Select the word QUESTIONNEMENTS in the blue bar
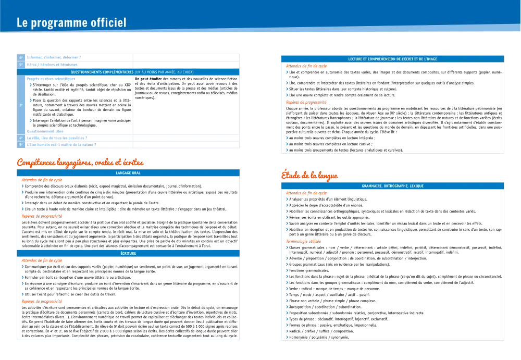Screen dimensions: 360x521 (91, 72)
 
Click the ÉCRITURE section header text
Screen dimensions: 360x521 (128, 254)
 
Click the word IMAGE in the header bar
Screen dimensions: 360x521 (431, 59)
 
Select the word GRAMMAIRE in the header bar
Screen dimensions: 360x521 (372, 185)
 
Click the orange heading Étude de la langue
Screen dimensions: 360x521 (308, 176)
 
